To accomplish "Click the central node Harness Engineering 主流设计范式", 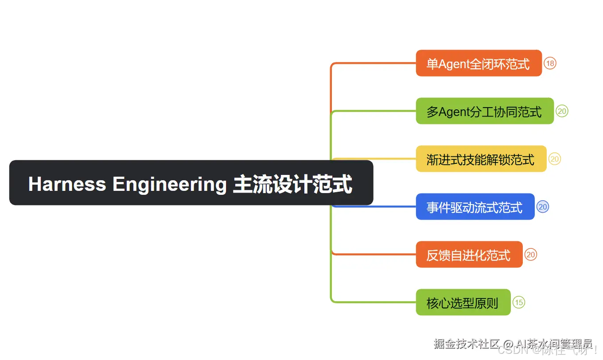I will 191,183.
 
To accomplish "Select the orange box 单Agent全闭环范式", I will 479,63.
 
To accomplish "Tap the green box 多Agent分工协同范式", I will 484,111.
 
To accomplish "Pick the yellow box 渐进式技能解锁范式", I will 481,159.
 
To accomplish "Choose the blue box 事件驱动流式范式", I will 475,207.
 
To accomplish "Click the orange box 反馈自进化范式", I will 469,255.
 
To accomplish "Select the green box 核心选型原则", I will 463,302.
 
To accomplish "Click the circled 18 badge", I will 550,63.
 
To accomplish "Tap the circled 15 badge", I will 518,302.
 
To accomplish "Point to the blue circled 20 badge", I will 543,207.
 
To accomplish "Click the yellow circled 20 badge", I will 555,159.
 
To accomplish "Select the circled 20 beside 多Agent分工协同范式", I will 562,111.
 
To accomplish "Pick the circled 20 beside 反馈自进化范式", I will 531,255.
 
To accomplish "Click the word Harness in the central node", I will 67,184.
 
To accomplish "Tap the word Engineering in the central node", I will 169,184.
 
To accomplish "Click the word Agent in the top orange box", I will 454,64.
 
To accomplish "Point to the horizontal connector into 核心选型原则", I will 374,302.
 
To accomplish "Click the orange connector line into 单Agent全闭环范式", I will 374,63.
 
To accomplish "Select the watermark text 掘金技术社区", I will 466,344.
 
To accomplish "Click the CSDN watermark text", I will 513,350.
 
